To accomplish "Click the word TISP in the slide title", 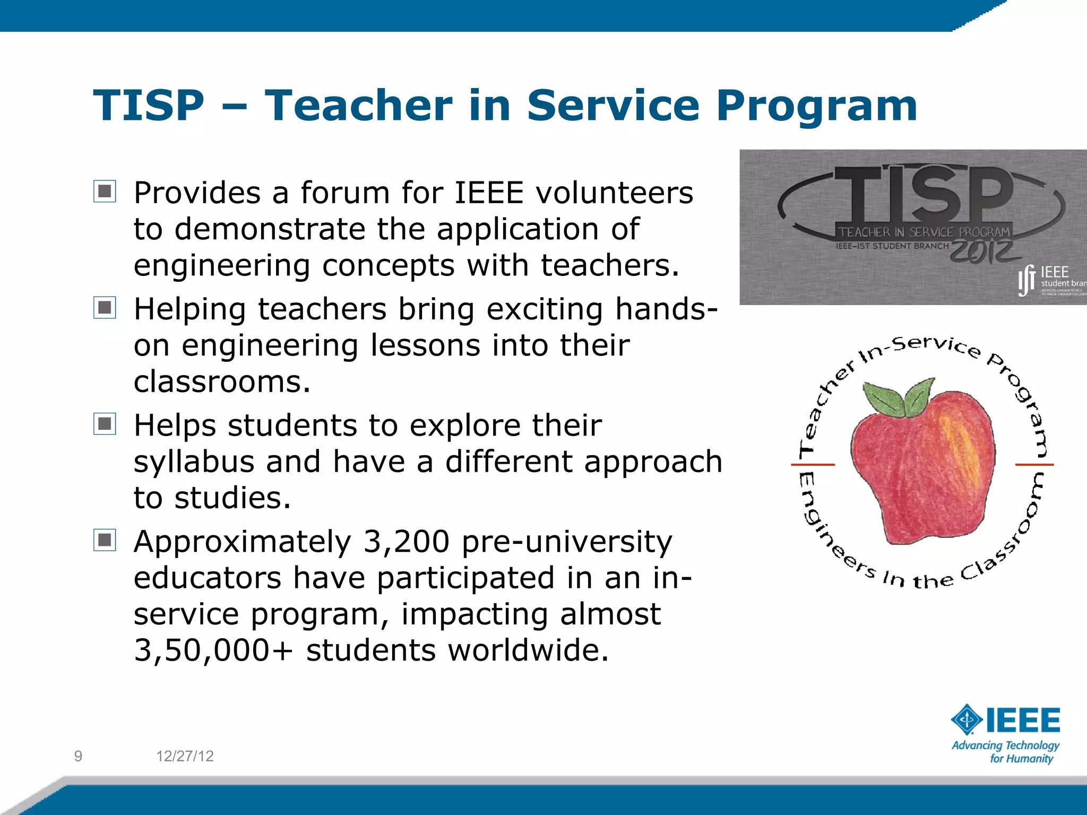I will [149, 106].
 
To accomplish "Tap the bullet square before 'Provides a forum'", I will [105, 192].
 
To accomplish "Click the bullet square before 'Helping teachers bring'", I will [105, 308].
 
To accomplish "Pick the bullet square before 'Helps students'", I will [105, 424].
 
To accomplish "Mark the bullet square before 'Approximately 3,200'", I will [105, 540].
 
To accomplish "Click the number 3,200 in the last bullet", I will [406, 542].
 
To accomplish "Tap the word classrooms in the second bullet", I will [221, 382].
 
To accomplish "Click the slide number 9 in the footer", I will [78, 756].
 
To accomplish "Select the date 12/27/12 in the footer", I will [185, 756].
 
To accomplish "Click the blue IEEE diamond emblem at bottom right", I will [967, 720].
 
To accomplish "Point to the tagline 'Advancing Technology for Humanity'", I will [1005, 752].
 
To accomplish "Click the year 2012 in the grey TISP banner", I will [983, 251].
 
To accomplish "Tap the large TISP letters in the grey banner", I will [924, 194].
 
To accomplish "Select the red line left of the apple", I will [813, 465].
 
